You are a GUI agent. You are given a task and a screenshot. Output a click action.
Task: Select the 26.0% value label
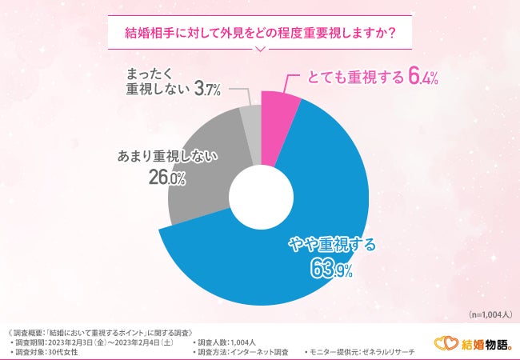(x=166, y=178)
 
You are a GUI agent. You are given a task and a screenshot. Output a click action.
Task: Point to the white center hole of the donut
(x=260, y=196)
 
